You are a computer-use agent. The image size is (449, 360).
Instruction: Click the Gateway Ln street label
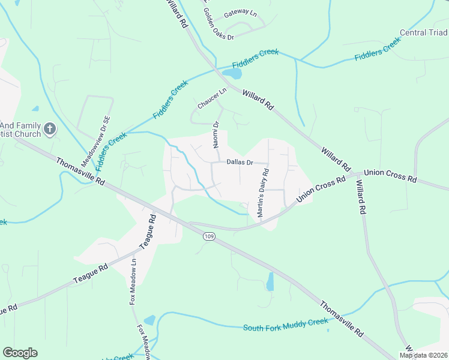240,13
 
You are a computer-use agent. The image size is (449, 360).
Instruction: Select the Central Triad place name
424,32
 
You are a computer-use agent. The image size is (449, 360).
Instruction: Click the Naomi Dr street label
215,133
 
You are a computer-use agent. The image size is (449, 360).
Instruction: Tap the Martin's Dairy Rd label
263,193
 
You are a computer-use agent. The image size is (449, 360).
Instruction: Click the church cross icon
50,128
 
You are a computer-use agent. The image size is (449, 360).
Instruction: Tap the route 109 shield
209,236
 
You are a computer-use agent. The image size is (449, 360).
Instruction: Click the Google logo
20,353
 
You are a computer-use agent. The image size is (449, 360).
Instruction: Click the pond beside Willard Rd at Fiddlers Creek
232,74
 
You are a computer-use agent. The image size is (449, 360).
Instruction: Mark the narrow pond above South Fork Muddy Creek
270,281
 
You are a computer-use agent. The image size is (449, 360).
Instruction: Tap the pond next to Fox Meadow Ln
149,320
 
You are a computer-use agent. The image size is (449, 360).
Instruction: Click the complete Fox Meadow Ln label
133,282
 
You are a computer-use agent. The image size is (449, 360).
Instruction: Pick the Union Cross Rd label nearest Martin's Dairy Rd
322,190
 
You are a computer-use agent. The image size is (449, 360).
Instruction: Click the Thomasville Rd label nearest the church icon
80,171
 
